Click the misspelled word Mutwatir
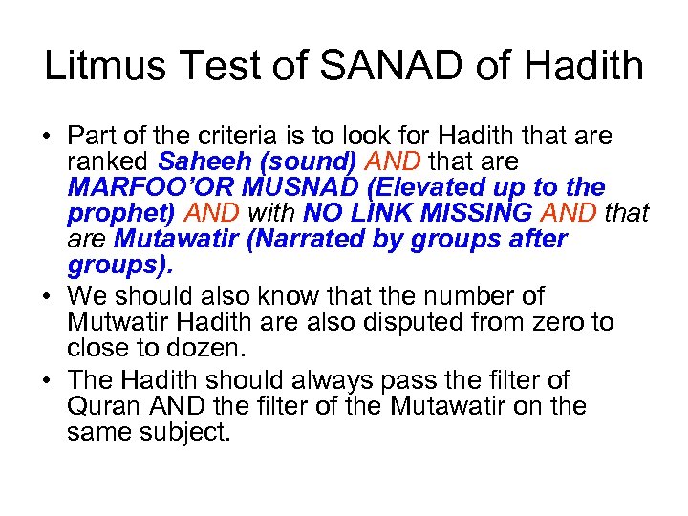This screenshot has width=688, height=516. (x=118, y=321)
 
